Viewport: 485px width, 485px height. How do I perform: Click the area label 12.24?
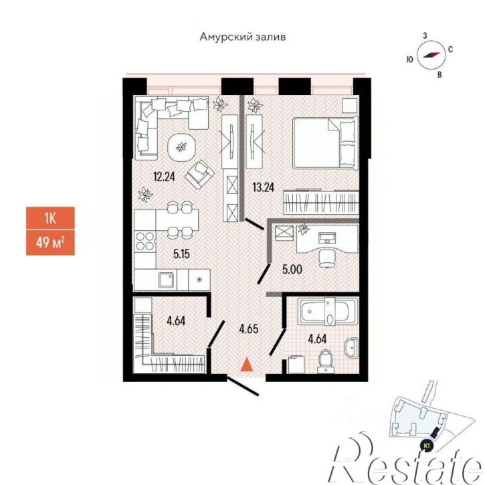164,177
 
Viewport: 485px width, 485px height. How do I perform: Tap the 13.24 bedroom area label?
263,187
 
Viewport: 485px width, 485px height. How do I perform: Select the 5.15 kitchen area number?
181,254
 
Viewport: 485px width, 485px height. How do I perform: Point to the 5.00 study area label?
292,270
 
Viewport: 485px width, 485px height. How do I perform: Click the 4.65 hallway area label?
248,329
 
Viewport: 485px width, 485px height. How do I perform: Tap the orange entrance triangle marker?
247,364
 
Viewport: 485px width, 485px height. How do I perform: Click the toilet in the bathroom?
325,361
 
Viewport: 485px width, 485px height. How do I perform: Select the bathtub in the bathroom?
328,311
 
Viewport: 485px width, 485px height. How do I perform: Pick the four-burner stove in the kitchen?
145,241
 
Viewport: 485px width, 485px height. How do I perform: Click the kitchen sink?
167,280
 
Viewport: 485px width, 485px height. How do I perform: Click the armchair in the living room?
199,175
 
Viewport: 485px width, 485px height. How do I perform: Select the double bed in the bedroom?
325,142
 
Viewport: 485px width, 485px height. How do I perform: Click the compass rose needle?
431,55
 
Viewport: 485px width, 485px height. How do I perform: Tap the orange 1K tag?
50,218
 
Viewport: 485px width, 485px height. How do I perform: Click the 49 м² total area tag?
50,242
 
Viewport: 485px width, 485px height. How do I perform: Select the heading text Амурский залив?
242,37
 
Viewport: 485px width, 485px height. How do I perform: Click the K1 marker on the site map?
427,446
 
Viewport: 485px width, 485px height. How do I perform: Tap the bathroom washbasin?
352,347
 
